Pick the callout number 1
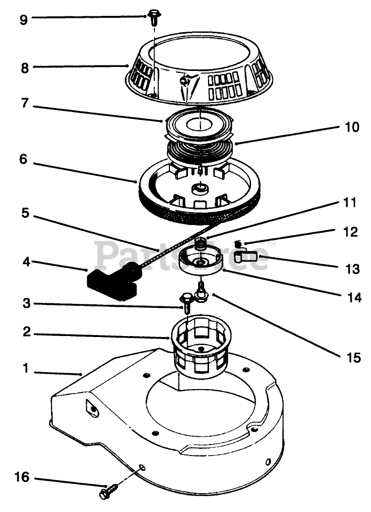[25, 369]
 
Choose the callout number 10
[353, 127]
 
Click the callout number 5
[25, 214]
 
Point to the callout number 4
[25, 261]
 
